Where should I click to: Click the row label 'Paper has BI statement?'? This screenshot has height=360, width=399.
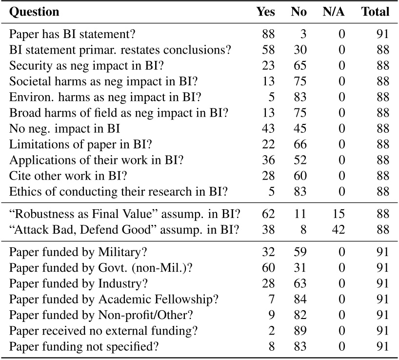(x=72, y=34)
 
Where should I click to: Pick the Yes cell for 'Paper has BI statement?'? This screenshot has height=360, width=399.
(x=268, y=34)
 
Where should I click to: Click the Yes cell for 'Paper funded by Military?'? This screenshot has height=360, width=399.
(x=268, y=252)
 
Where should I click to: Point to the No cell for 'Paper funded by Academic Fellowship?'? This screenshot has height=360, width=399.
(x=299, y=299)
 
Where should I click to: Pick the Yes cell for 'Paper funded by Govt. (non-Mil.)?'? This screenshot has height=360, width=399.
(x=268, y=267)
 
